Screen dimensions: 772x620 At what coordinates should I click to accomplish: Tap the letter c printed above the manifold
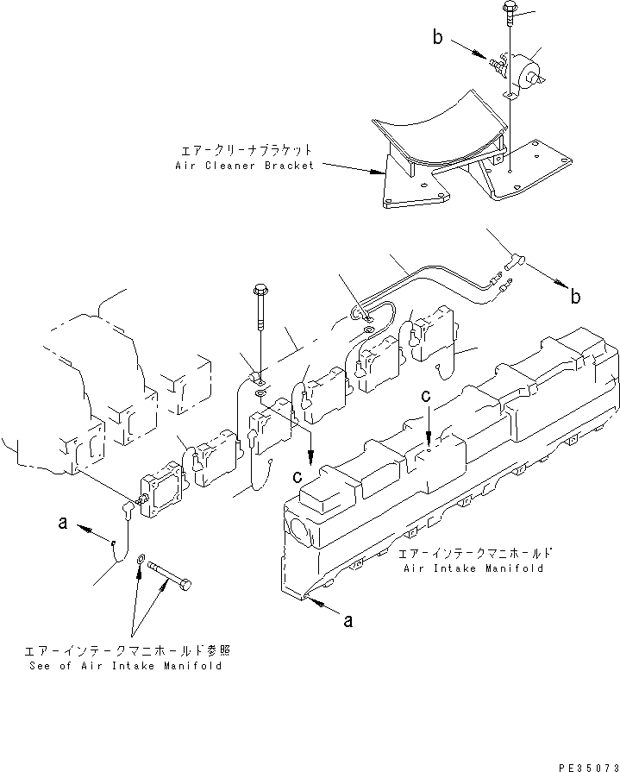[427, 396]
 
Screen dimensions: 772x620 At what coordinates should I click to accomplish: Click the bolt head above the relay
[506, 11]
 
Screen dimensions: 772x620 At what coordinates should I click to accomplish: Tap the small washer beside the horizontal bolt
[141, 561]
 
